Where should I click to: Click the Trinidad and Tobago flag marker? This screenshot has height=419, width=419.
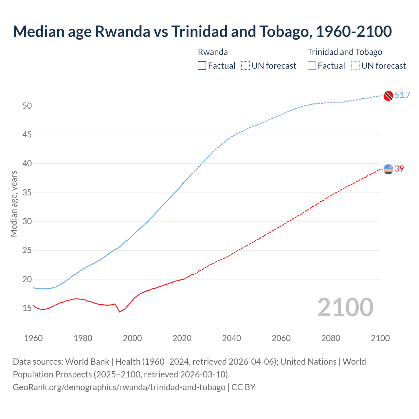[x=388, y=96]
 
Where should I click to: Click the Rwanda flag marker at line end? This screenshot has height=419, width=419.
[x=388, y=169]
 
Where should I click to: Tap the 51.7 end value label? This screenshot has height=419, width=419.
[x=402, y=95]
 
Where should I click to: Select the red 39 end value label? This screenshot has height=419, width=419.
[x=399, y=169]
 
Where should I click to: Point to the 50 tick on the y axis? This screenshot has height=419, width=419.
[x=27, y=106]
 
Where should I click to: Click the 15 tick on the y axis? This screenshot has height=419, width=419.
[x=27, y=308]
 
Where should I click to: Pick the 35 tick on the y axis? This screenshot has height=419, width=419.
[x=27, y=192]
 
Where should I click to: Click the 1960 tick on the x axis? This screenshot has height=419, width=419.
[x=33, y=338]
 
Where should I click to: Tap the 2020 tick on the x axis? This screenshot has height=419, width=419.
[x=182, y=338]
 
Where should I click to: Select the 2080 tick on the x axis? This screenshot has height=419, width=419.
[x=331, y=338]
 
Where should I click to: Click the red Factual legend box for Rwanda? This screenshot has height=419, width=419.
[x=202, y=66]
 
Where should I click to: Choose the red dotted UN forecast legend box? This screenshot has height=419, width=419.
[x=246, y=66]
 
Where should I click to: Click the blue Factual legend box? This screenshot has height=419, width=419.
[x=312, y=66]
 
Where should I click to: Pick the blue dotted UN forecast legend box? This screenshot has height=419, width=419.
[x=355, y=66]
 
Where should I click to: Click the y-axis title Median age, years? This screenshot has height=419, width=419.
[x=14, y=204]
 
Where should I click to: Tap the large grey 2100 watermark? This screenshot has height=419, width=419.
[x=345, y=307]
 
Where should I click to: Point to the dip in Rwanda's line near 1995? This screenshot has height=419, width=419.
[x=120, y=312]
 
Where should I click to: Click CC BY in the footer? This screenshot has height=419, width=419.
[x=243, y=387]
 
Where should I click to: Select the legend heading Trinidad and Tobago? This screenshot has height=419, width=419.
[x=345, y=52]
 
